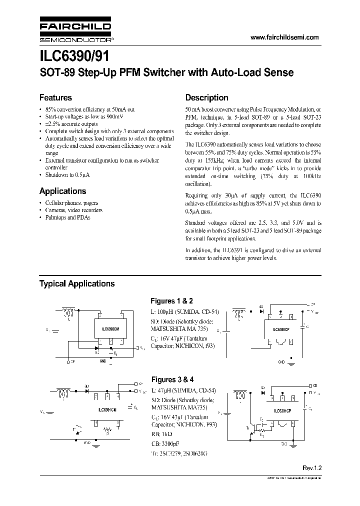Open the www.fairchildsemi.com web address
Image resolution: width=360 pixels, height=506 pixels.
point(284,38)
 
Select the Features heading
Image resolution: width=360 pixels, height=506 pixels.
point(55,98)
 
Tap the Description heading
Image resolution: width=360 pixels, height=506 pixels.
point(206,98)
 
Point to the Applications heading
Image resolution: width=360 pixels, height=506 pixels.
point(62,191)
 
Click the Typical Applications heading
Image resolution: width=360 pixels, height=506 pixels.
point(77,283)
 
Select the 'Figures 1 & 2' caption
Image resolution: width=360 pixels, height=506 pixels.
point(171,301)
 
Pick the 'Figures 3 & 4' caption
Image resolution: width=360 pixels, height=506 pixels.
point(171,379)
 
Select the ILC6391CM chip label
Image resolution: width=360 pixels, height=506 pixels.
point(108,410)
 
